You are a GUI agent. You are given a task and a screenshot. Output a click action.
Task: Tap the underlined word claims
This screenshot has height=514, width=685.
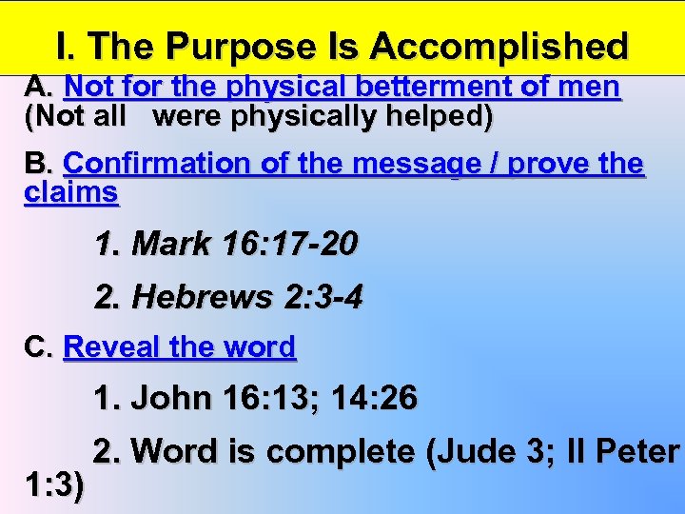[x=71, y=192]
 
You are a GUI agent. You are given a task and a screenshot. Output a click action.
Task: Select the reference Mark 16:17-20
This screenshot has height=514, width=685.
[x=226, y=245]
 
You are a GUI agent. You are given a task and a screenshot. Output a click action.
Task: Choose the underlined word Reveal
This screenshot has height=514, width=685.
[x=111, y=347]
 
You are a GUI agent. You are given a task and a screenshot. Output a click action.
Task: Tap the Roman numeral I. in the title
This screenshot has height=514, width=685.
[x=65, y=47]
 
